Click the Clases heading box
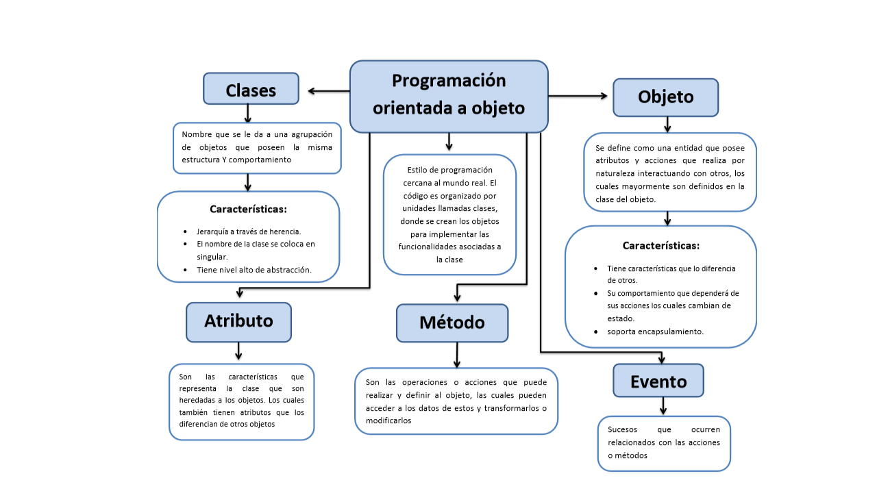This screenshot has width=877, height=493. pos(251,89)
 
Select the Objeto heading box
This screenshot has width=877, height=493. pos(665,97)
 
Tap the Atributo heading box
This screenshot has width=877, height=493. pos(238,321)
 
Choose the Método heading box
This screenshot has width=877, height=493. pos(452,323)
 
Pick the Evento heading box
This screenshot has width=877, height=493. pos(658,381)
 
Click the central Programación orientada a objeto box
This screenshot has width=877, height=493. pos(449,96)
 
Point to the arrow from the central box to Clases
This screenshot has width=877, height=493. pos(328,90)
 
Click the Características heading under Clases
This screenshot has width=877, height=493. pos(248,209)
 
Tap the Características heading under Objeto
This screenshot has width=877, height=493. pos(660,245)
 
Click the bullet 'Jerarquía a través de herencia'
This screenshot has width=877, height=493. pos(249,231)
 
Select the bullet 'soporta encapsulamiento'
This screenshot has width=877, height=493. pos(655,331)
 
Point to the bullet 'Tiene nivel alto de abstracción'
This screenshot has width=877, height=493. pos(254,270)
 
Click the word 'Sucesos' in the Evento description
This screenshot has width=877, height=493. pos(623,430)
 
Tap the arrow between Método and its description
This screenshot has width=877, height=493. pos(456,355)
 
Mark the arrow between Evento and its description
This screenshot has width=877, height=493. pos(663,406)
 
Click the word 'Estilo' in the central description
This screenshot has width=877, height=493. pos(419,170)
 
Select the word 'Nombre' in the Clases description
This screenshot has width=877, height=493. pos(197,134)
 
